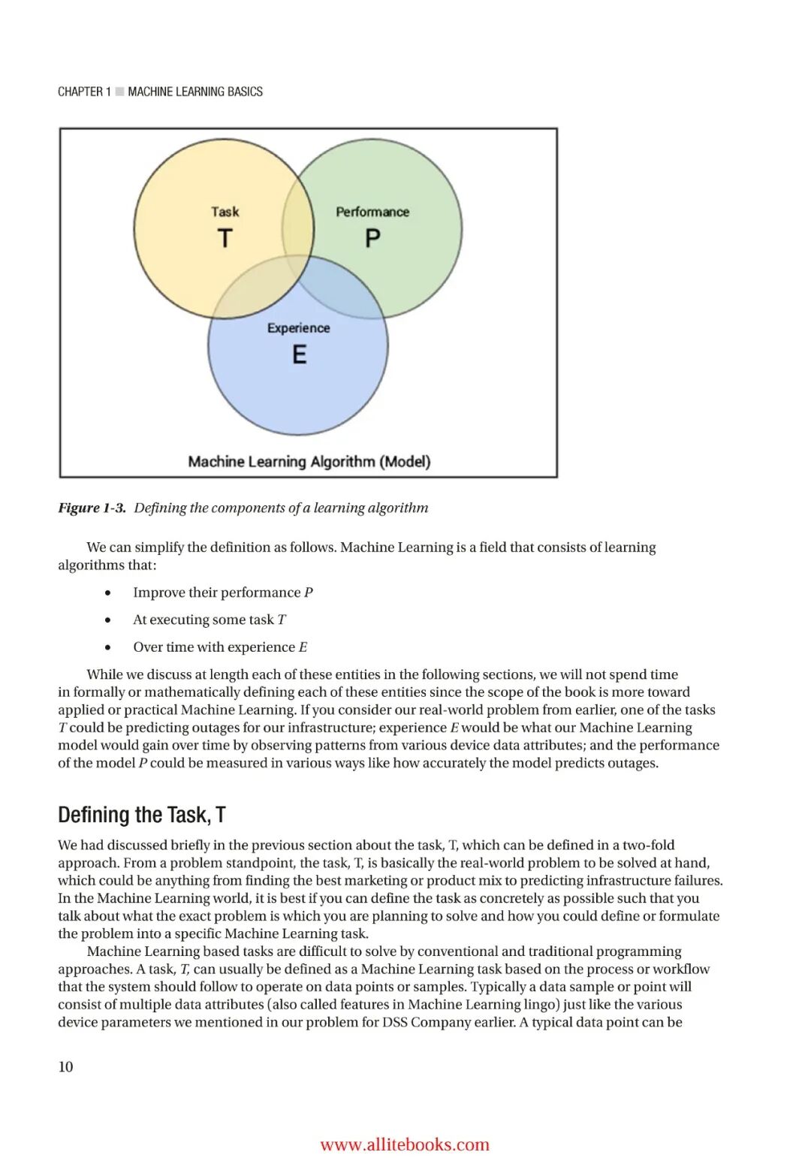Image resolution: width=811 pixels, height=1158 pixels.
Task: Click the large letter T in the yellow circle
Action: coord(225,238)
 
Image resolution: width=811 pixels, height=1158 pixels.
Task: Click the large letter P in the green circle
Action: coord(372,238)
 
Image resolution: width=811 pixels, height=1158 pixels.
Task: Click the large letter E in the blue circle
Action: coord(299,354)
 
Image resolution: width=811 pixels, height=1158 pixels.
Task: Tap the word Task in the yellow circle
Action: coord(225,212)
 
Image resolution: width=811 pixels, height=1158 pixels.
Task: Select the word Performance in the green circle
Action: coord(372,212)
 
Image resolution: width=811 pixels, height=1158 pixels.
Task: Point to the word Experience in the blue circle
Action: coord(298,328)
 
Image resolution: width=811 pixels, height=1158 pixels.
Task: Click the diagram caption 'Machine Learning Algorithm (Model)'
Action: coord(309,461)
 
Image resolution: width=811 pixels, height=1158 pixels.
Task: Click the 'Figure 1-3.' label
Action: coord(92,508)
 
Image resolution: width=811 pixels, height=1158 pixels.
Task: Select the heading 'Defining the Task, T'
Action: coord(142,815)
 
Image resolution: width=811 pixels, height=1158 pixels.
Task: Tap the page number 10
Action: coord(65,1066)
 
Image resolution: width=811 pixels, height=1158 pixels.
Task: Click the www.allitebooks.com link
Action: coord(405,1144)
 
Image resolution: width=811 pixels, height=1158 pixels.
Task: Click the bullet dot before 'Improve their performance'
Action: coord(109,593)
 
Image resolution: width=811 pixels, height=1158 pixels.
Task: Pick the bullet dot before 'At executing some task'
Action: coord(109,620)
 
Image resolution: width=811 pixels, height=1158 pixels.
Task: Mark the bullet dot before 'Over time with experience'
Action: coord(109,647)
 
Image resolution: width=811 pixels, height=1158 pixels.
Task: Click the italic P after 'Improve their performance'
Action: coord(309,593)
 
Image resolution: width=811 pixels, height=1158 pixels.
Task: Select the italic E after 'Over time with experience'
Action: coord(303,647)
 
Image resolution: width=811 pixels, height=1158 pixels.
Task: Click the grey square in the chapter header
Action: coord(119,92)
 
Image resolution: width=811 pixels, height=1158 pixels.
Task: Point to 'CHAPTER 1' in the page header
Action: coord(84,92)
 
